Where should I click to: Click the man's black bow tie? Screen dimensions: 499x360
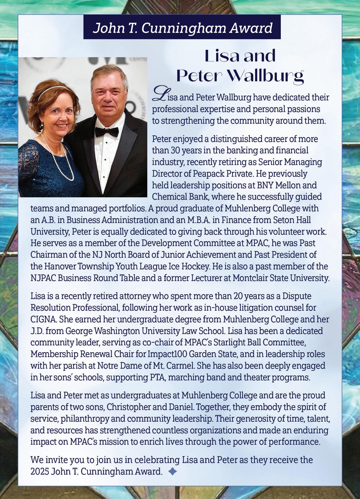(106, 132)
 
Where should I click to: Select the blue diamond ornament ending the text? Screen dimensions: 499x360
(172, 471)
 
